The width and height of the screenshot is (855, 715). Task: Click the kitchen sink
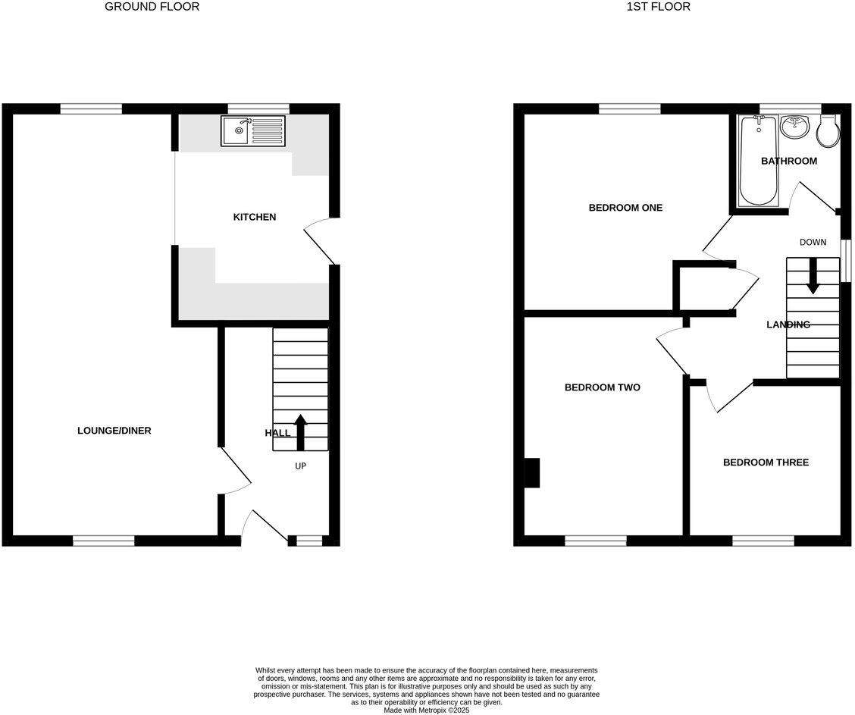[253, 130]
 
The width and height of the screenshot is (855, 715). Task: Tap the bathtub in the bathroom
[758, 161]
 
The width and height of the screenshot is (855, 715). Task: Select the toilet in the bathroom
[827, 131]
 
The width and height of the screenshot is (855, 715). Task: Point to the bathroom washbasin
[795, 127]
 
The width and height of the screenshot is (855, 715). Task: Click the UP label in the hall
[300, 466]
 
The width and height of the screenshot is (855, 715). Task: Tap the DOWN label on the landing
[813, 243]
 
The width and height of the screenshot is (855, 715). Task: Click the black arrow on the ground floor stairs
[300, 432]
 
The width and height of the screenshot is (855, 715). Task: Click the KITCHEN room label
[254, 218]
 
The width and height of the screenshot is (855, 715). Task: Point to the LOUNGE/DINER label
[114, 431]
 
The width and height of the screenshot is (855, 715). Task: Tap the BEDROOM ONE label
[625, 208]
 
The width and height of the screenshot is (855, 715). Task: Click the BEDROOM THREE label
[766, 463]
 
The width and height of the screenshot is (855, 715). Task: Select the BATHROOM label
[789, 161]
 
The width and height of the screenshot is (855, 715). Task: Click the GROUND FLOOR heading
[152, 7]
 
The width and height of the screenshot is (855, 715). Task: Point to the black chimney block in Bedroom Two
[533, 472]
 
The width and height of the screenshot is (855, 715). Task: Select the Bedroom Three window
[763, 541]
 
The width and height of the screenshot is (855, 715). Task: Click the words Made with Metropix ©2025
[427, 710]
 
